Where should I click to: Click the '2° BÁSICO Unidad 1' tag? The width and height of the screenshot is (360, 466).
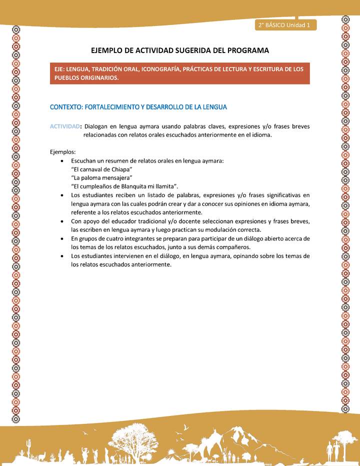point(284,24)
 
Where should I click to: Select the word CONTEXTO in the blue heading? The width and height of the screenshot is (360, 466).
point(66,107)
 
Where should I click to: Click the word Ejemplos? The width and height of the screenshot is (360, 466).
point(62,151)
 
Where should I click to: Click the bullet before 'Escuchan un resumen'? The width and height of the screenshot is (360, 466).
point(61,161)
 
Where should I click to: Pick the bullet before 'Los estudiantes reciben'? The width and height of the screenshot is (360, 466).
point(61,195)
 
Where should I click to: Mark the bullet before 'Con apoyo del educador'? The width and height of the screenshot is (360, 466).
point(61,221)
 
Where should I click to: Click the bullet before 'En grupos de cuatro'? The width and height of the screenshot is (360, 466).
point(61,238)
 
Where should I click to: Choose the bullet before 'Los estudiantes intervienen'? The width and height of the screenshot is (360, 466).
point(61,256)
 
